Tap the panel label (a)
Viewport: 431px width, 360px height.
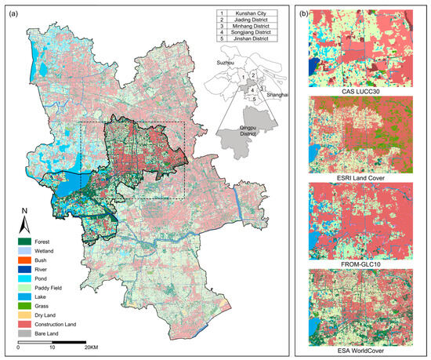click(x=13, y=12)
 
